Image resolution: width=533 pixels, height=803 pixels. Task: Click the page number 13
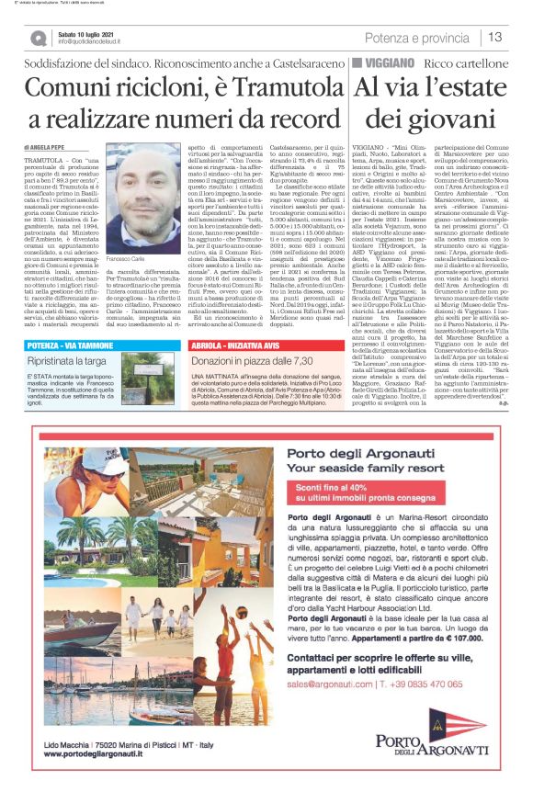496,37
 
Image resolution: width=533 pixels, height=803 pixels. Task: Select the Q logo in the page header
38,37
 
